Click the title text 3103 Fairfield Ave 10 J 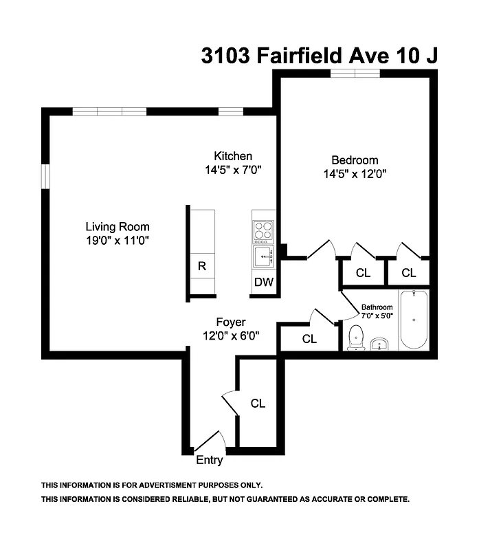(319, 55)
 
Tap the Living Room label (117, 226)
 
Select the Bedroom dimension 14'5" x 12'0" (354, 174)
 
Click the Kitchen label (233, 156)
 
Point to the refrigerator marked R (202, 267)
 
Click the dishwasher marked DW (264, 282)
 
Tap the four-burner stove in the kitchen (263, 232)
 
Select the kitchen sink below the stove (263, 258)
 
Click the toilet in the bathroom (356, 338)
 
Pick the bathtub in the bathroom (414, 320)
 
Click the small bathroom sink (379, 344)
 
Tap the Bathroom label (377, 307)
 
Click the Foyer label (230, 322)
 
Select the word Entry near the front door (210, 460)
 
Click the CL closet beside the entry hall (258, 404)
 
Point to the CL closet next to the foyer (309, 338)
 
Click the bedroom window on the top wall (354, 74)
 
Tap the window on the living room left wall (45, 176)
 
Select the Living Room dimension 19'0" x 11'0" (117, 240)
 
